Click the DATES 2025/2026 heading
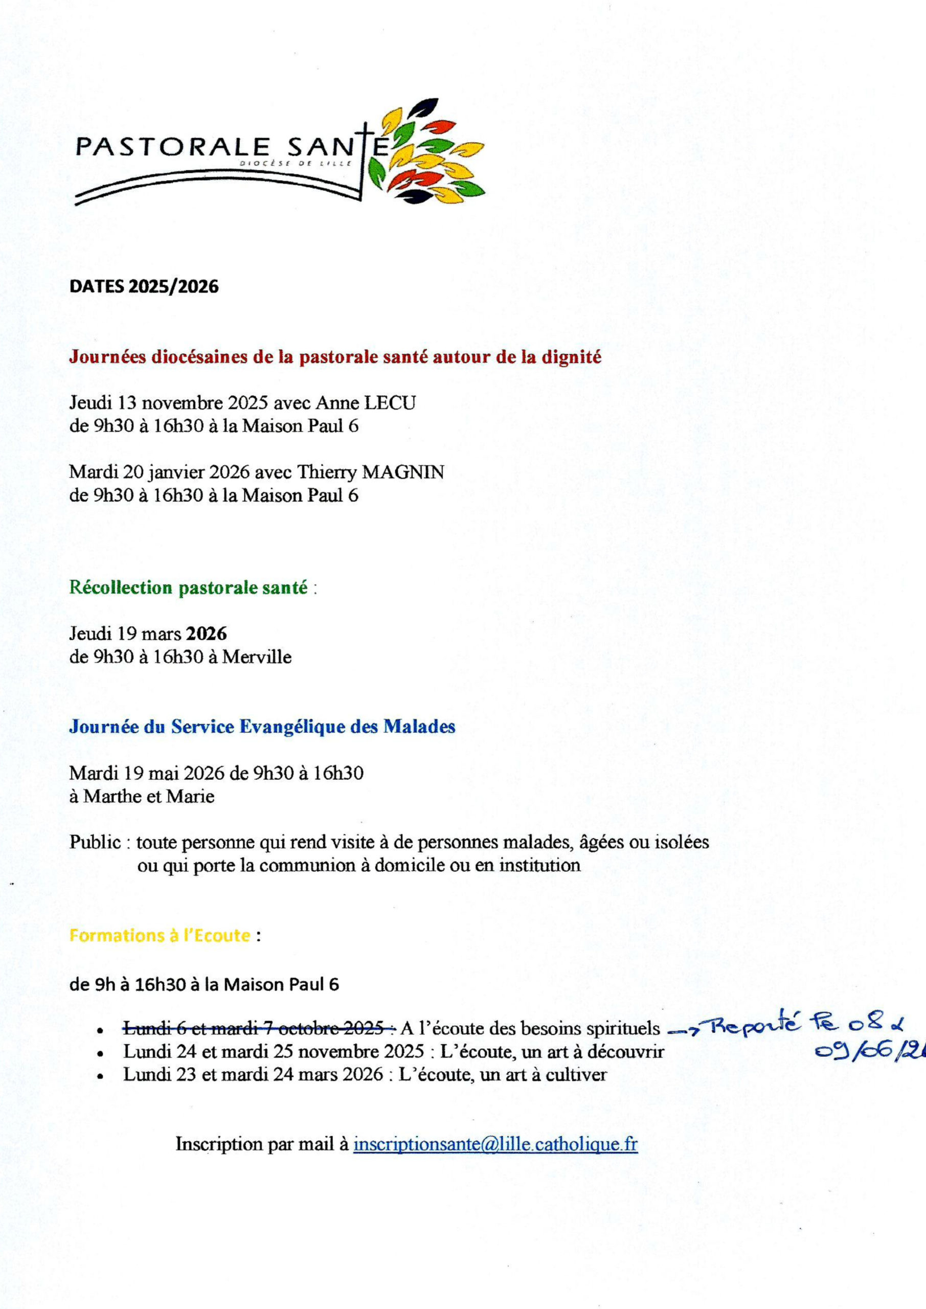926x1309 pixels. point(144,286)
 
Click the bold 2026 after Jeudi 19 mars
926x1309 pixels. point(207,634)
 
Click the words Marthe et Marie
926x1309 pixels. point(149,796)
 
